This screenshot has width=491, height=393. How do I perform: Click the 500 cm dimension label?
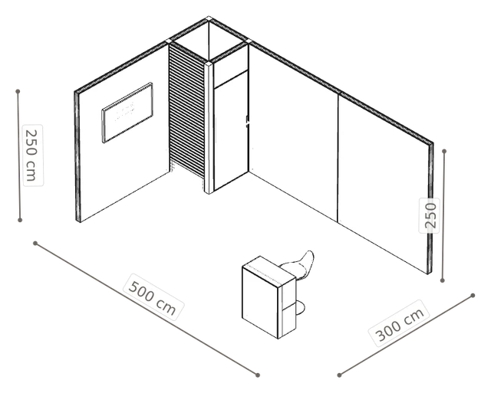pyautogui.click(x=153, y=297)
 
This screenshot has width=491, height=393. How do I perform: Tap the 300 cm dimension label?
pyautogui.click(x=400, y=323)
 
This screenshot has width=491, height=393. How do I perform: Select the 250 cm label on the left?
pyautogui.click(x=32, y=155)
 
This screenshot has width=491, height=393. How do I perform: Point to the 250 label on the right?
pyautogui.click(x=430, y=215)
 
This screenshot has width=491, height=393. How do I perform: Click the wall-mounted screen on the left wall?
pyautogui.click(x=127, y=113)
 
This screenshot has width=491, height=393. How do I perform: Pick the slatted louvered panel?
pyautogui.click(x=187, y=116)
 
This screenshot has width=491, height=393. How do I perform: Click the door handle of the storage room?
pyautogui.click(x=247, y=121)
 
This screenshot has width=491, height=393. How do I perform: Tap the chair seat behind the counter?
pyautogui.click(x=298, y=265)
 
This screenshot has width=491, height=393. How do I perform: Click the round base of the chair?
pyautogui.click(x=299, y=308)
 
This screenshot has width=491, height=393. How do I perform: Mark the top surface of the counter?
pyautogui.click(x=269, y=271)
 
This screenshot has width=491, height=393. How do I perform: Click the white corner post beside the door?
pyautogui.click(x=209, y=128)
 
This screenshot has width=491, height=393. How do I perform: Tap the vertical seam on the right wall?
pyautogui.click(x=338, y=158)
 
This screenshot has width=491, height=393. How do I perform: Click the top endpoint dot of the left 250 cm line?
pyautogui.click(x=18, y=91)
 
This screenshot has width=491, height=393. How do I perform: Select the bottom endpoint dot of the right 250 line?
pyautogui.click(x=442, y=280)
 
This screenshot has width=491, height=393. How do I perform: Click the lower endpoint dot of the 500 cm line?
pyautogui.click(x=258, y=375)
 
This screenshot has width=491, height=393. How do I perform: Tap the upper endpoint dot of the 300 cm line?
pyautogui.click(x=473, y=295)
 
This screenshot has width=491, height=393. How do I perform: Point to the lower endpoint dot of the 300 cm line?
pyautogui.click(x=339, y=375)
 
